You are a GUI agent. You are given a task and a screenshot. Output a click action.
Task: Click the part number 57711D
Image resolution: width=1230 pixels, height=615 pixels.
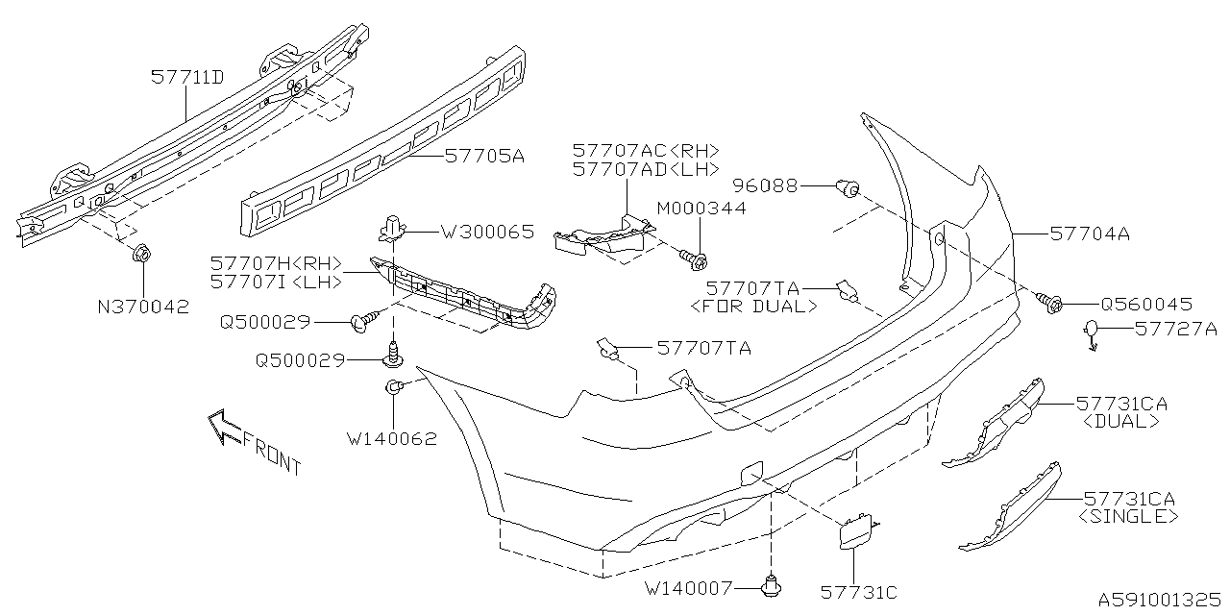pyautogui.click(x=187, y=78)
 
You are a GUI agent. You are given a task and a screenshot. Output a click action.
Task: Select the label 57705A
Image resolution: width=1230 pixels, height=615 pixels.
pyautogui.click(x=484, y=156)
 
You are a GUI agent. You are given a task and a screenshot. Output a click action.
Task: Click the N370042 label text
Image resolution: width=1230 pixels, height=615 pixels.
pyautogui.click(x=142, y=307)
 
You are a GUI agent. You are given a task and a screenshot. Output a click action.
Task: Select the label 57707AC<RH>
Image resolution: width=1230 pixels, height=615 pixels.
pyautogui.click(x=645, y=151)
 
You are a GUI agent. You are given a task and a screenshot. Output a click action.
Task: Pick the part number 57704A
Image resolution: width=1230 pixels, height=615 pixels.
pyautogui.click(x=1090, y=233)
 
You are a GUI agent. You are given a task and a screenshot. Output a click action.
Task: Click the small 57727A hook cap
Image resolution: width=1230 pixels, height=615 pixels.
pyautogui.click(x=1095, y=333)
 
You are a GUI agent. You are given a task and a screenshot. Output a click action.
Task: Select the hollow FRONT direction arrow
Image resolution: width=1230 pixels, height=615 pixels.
pyautogui.click(x=225, y=428)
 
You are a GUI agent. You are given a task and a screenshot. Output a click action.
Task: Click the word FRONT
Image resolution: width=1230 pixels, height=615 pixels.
pyautogui.click(x=273, y=455)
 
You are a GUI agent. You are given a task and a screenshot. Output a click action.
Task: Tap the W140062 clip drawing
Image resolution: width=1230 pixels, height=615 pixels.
pyautogui.click(x=393, y=388)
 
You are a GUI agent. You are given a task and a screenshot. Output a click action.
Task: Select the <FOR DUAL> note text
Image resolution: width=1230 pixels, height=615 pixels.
pyautogui.click(x=754, y=307)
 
